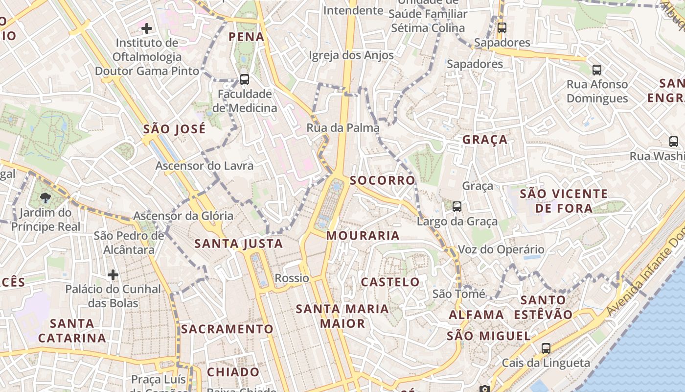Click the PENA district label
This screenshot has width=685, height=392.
click(x=246, y=37)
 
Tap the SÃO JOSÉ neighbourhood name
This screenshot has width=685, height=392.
click(x=174, y=129)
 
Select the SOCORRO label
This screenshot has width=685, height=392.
click(x=382, y=180)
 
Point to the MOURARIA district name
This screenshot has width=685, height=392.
click(x=363, y=236)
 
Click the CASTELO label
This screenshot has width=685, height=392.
click(x=390, y=282)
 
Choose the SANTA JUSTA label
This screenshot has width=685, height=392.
click(x=238, y=244)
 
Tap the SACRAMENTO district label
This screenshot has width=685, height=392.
click(x=227, y=329)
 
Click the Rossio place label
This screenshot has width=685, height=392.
click(x=292, y=278)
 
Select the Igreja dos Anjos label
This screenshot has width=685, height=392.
click(x=351, y=55)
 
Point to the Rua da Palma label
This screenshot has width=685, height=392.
click(x=342, y=128)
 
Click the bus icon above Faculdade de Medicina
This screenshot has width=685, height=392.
click(x=244, y=79)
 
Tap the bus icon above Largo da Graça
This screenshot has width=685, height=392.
click(x=457, y=207)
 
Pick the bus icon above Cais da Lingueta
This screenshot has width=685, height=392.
click(x=546, y=348)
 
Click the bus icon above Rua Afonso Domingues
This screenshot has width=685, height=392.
click(x=596, y=70)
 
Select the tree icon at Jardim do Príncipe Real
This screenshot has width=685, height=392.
click(x=46, y=198)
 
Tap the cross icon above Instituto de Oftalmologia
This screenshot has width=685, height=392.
click(x=146, y=28)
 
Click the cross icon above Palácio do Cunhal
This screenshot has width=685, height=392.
click(x=113, y=274)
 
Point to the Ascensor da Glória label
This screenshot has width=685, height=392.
click(x=183, y=216)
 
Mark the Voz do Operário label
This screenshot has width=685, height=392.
click(x=494, y=250)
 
